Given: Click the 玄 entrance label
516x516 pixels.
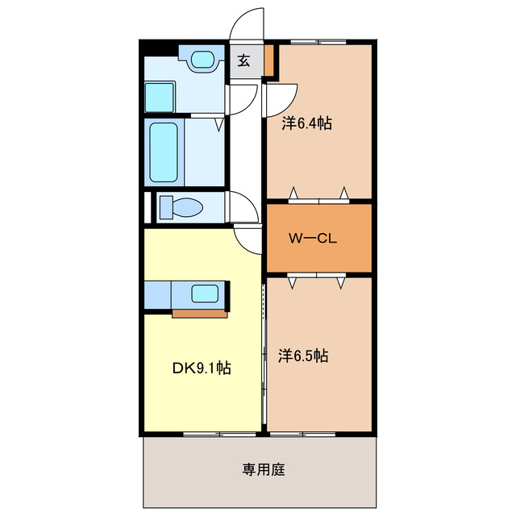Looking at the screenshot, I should [x=244, y=60].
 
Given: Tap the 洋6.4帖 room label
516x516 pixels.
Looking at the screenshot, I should [x=306, y=124].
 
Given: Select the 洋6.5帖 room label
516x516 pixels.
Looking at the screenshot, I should [x=303, y=355].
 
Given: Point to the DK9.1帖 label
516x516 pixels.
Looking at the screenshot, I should [x=202, y=368].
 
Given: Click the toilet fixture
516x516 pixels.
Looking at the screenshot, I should [x=181, y=208].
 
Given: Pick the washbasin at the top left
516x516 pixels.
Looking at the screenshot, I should [x=203, y=60].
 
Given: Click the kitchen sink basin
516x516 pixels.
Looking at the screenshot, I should [x=205, y=293].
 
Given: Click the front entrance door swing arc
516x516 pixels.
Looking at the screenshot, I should [x=247, y=23].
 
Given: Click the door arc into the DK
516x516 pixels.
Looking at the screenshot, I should [x=248, y=239].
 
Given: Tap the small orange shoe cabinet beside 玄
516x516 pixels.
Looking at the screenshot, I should [x=268, y=60].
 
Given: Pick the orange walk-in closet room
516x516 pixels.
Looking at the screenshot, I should [x=319, y=239].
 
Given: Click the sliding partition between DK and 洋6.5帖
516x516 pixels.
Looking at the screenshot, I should [x=264, y=355].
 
